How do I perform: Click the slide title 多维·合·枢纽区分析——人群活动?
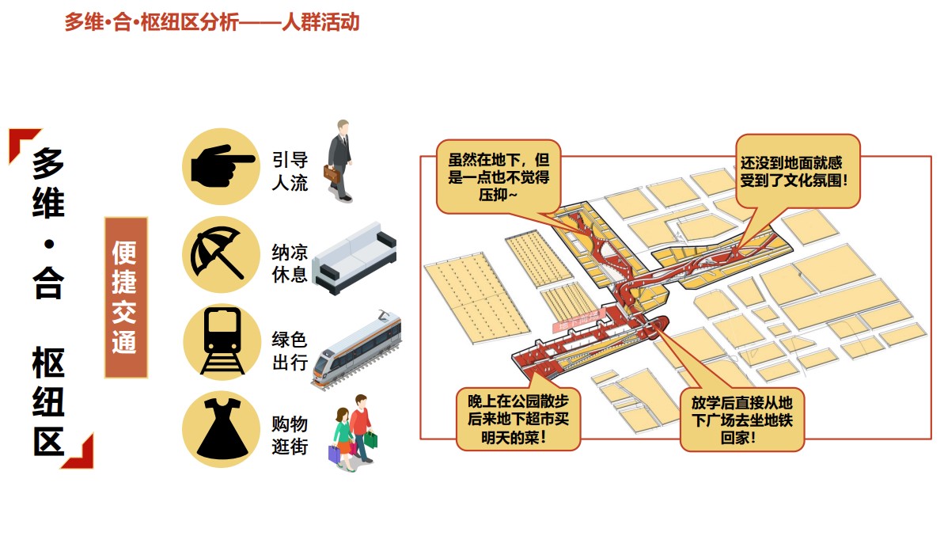pos(212,22)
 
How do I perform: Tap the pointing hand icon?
pos(222,166)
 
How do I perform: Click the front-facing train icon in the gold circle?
pos(222,341)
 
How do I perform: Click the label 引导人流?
pos(290,171)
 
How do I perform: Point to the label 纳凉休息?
pos(290,263)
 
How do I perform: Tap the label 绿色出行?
pos(290,351)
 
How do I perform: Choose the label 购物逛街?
pos(290,435)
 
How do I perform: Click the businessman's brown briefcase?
pos(332,174)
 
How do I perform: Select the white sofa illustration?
pos(354,259)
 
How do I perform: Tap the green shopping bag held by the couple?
pos(371,439)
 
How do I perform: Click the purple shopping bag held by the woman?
pos(334,454)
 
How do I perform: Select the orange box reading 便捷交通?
pos(126,298)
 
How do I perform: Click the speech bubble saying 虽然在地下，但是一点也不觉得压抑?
pos(499,177)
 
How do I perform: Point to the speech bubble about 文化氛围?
pos(798,171)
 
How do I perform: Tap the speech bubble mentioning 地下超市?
pos(518,419)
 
